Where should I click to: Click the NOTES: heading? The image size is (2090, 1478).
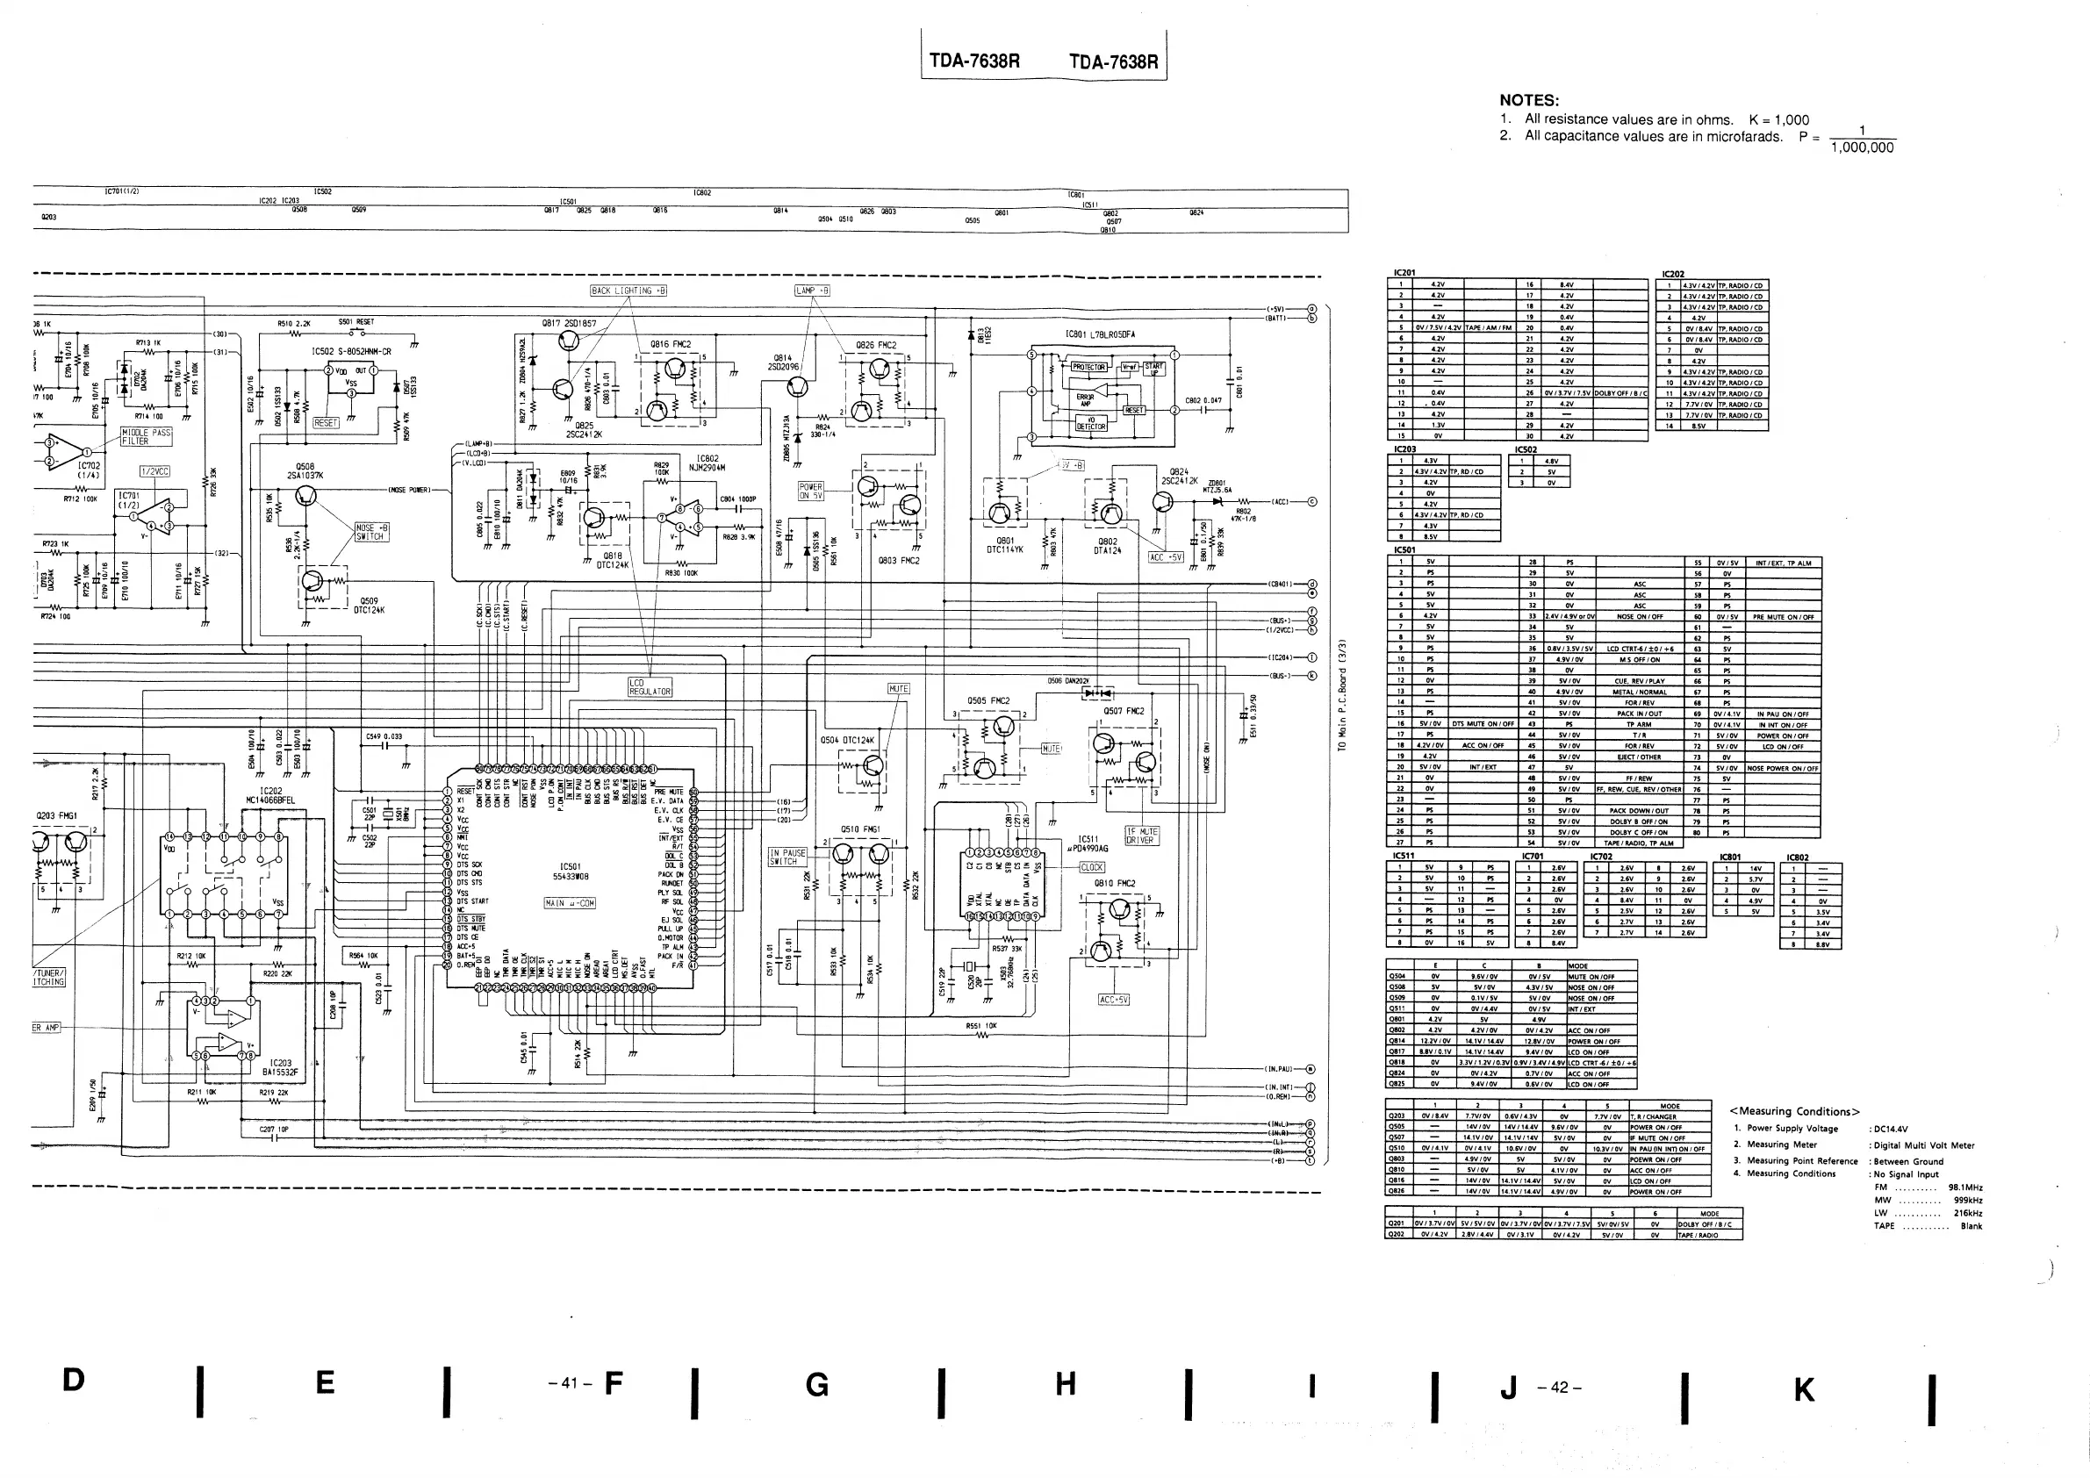coord(1529,101)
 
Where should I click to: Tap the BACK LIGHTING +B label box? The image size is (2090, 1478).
coord(629,291)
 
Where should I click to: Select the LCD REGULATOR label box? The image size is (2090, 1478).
coord(650,687)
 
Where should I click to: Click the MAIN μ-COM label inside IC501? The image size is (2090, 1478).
coord(570,904)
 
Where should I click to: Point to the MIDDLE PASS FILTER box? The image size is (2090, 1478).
coord(147,437)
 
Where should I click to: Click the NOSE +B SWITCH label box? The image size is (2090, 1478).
coord(370,533)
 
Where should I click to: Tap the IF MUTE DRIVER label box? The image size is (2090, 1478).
coord(1141,836)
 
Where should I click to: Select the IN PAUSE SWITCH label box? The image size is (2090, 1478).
coord(788,857)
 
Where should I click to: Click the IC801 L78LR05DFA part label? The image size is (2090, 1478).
coord(1100,335)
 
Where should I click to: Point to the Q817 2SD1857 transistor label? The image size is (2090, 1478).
coord(569,323)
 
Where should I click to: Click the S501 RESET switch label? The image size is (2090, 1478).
coord(356,322)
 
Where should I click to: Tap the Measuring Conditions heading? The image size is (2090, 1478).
coord(1794,1111)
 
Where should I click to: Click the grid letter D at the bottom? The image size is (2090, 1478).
coord(74,1380)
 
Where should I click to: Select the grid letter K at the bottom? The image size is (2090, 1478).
coord(1803,1389)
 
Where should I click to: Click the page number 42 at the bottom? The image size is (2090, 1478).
coord(1560,1388)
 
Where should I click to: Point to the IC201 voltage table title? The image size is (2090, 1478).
coord(1404,273)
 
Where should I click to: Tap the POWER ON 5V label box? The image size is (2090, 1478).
coord(810,491)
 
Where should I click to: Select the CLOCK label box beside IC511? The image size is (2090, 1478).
coord(1091,867)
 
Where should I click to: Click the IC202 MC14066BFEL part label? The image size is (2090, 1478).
coord(270,795)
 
